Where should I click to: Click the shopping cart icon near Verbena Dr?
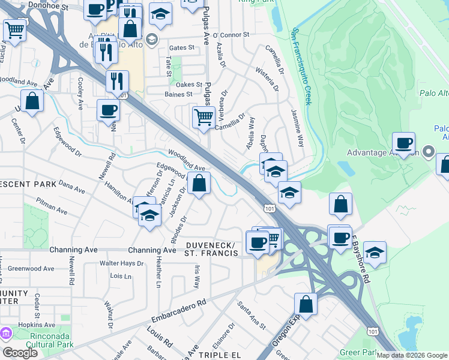[x=203, y=116]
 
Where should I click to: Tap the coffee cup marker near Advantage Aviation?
[x=403, y=143]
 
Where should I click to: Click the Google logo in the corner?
[x=20, y=353]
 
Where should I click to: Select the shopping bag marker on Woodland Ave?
[x=199, y=182]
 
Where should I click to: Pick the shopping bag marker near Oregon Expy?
[x=306, y=304]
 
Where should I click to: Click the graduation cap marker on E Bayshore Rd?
[x=375, y=252]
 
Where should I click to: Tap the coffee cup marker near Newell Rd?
[x=108, y=110]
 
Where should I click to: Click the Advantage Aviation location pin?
[x=428, y=151]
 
